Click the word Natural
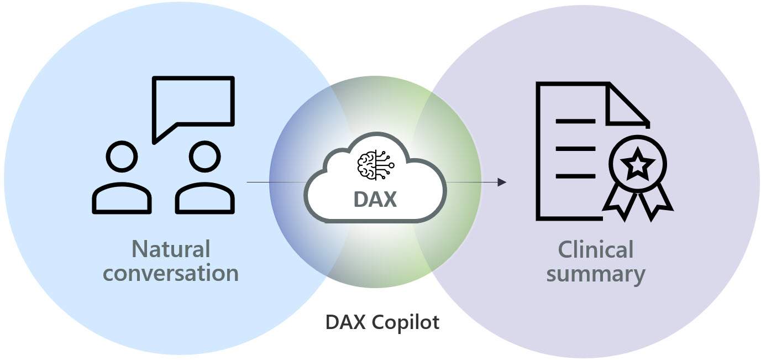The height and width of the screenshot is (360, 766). pos(171,249)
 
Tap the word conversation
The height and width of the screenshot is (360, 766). pos(171,274)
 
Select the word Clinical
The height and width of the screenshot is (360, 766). pos(595,249)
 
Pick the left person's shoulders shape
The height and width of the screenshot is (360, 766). pos(122,200)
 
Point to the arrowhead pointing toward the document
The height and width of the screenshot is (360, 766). pos(502,182)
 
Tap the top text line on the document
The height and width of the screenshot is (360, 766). pos(575,121)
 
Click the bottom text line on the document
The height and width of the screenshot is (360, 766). pos(575,176)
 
